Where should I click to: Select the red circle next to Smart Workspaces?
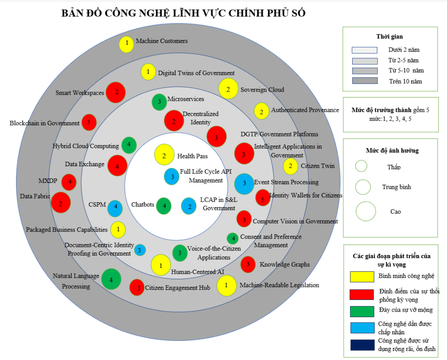(116, 92)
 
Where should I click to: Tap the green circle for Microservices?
(159, 102)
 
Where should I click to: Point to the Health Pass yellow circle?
(164, 156)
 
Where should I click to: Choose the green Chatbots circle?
(164, 206)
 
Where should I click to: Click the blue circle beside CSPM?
(115, 208)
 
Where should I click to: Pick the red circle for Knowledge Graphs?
(248, 264)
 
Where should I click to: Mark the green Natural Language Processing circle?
(111, 279)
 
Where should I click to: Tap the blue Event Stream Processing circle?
(244, 183)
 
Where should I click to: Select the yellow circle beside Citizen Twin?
(291, 167)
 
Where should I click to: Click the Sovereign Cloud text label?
(262, 90)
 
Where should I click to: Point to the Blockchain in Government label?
(44, 123)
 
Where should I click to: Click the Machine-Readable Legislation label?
(279, 285)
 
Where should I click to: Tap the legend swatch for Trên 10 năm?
(364, 81)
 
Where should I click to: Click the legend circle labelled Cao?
(366, 212)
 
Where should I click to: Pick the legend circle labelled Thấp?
(361, 166)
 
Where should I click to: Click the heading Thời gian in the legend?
(389, 37)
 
